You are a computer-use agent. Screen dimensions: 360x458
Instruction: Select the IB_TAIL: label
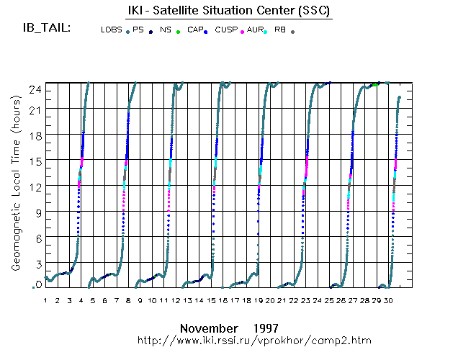click(x=47, y=28)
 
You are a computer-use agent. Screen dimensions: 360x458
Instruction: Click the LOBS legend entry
click(x=112, y=30)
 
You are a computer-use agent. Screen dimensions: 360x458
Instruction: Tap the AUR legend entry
click(x=254, y=30)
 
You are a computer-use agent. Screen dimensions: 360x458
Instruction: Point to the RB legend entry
click(x=280, y=30)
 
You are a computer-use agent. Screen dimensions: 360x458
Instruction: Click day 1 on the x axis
click(x=45, y=300)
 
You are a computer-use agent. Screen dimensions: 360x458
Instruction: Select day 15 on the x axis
click(x=211, y=300)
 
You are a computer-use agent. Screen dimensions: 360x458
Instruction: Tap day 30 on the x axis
click(x=389, y=300)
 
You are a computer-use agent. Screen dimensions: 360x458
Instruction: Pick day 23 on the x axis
click(x=306, y=300)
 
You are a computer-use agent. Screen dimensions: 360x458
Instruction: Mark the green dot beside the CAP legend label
click(x=178, y=32)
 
